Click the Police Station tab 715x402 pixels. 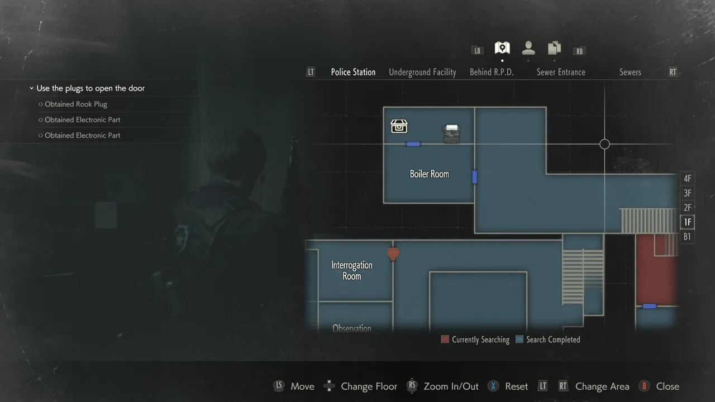pos(353,72)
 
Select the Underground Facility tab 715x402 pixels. pos(422,72)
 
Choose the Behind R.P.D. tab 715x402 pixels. pos(492,72)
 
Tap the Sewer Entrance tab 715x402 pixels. pos(561,72)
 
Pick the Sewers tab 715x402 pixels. pos(630,72)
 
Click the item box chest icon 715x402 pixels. pos(399,126)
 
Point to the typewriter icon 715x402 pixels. pos(451,134)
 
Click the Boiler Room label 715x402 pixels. pos(429,174)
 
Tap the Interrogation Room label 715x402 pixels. pos(352,271)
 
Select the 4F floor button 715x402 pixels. pos(688,179)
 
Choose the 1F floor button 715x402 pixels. pos(688,222)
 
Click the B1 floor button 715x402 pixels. pos(688,237)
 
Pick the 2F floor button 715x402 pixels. pos(688,208)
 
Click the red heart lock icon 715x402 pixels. pos(393,255)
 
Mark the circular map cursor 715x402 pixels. pos(604,144)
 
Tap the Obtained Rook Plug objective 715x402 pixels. pos(76,104)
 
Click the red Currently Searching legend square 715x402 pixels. pos(445,339)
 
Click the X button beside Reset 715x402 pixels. pos(493,386)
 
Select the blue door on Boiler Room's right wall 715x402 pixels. pos(475,177)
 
